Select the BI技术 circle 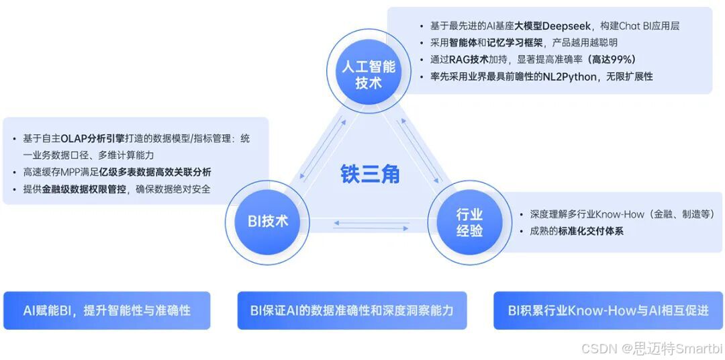pyautogui.click(x=268, y=220)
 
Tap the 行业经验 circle pyautogui.click(x=469, y=222)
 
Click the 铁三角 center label pyautogui.click(x=369, y=174)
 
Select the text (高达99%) pyautogui.click(x=611, y=59)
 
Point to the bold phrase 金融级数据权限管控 pyautogui.click(x=83, y=189)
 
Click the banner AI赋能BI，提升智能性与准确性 pyautogui.click(x=107, y=310)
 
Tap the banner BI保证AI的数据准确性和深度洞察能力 pyautogui.click(x=352, y=310)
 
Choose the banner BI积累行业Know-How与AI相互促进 pyautogui.click(x=608, y=310)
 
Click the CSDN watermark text pyautogui.click(x=651, y=348)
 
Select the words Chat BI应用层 pyautogui.click(x=645, y=26)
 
